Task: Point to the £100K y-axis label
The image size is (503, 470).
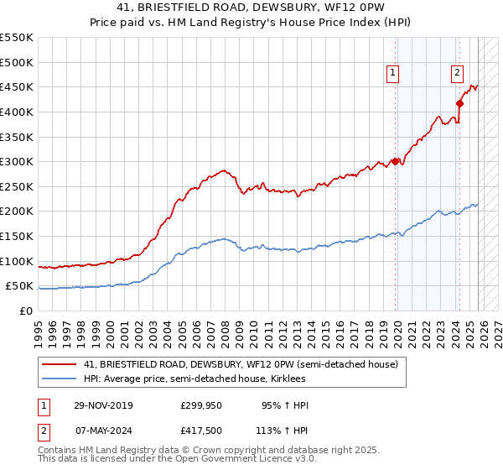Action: [x=17, y=261]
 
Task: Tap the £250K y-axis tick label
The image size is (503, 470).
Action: [x=17, y=186]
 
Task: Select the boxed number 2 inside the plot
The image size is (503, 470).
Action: [x=457, y=73]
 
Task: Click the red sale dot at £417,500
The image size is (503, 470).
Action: [x=459, y=103]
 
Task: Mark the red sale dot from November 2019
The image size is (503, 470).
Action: [x=395, y=162]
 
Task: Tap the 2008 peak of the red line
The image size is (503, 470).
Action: [x=224, y=170]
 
